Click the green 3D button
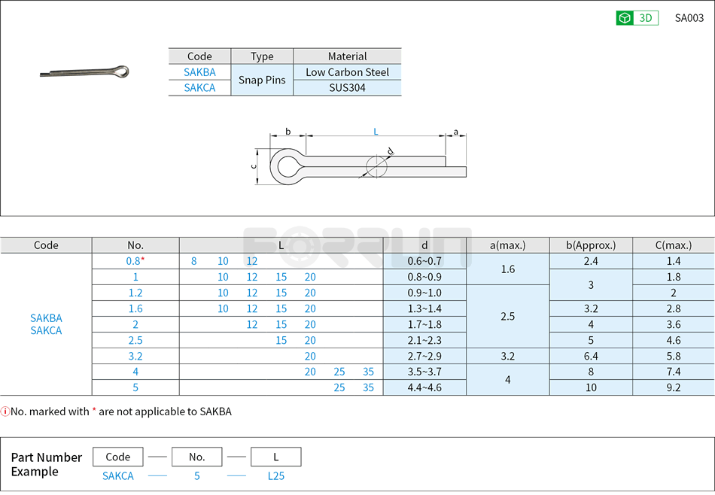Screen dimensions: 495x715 click(x=637, y=18)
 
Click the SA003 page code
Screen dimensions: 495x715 click(x=689, y=18)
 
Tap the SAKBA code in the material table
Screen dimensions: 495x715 click(x=199, y=72)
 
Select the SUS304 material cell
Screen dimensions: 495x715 click(x=347, y=87)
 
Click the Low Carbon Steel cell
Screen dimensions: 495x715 click(x=347, y=72)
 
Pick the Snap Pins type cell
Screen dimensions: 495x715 click(x=261, y=80)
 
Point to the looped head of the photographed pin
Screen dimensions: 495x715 click(x=120, y=72)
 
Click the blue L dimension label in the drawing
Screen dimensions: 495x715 click(x=376, y=132)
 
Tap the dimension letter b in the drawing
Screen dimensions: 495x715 click(x=288, y=132)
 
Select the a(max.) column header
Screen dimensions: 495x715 click(x=507, y=245)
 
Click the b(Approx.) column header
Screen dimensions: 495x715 click(x=591, y=245)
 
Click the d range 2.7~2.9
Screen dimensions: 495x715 click(x=424, y=356)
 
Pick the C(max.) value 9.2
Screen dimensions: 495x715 click(x=673, y=387)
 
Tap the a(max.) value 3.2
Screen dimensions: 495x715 click(x=507, y=356)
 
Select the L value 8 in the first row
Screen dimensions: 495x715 click(x=194, y=261)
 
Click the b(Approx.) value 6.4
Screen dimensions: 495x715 click(x=591, y=356)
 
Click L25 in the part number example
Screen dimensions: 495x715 click(x=275, y=475)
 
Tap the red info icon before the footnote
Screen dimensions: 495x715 click(x=5, y=411)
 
